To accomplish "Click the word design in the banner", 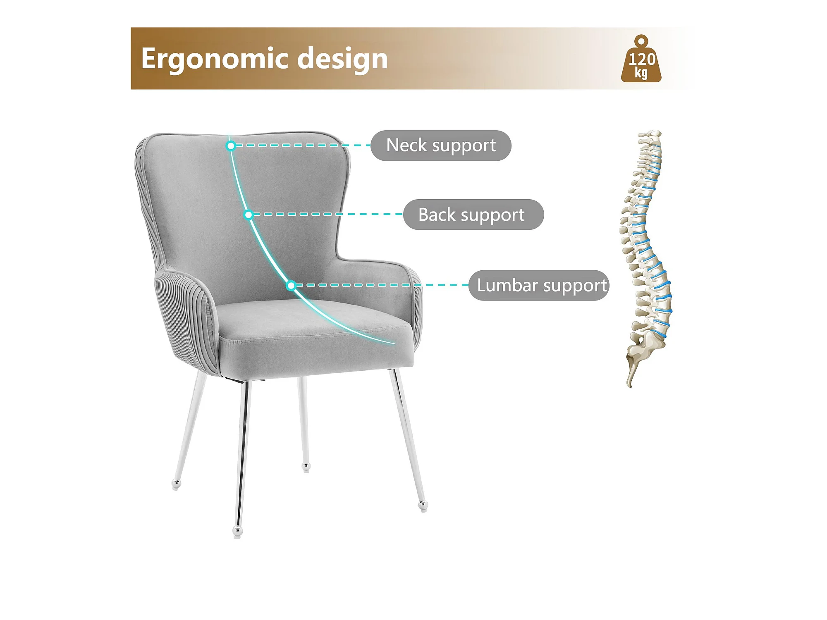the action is coord(342,59).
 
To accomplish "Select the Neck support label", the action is coord(441,145).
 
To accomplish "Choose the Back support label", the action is coord(473,215).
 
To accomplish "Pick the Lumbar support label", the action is coord(539,285).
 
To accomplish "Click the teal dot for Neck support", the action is coord(231,145).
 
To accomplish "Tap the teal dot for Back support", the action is coord(249,215).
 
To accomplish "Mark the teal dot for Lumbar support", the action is coord(291,285).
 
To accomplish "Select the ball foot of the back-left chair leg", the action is coord(176,484).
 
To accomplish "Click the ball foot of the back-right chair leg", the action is coord(306,467).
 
